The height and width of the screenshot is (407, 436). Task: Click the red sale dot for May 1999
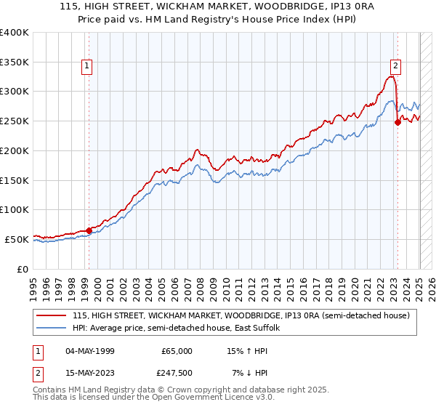tap(89, 230)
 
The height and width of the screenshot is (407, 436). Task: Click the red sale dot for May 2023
tap(397, 122)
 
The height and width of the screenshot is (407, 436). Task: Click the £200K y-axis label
tap(15, 151)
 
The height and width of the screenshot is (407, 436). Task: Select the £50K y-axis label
tap(17, 239)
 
